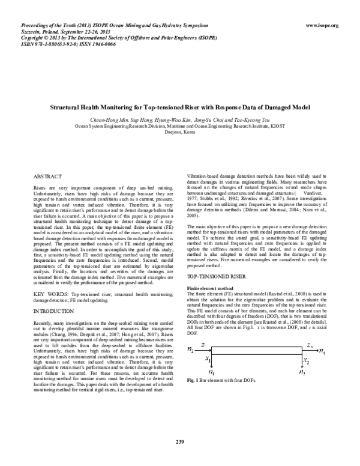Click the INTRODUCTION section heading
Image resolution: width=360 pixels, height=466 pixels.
pos(54,313)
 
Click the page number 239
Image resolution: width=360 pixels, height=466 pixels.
pos(180,443)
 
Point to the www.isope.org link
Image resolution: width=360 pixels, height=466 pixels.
pos(322,26)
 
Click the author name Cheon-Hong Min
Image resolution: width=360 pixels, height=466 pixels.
pos(105,121)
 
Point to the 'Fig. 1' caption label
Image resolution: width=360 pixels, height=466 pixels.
pos(193,381)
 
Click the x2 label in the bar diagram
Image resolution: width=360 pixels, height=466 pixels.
pos(324,362)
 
